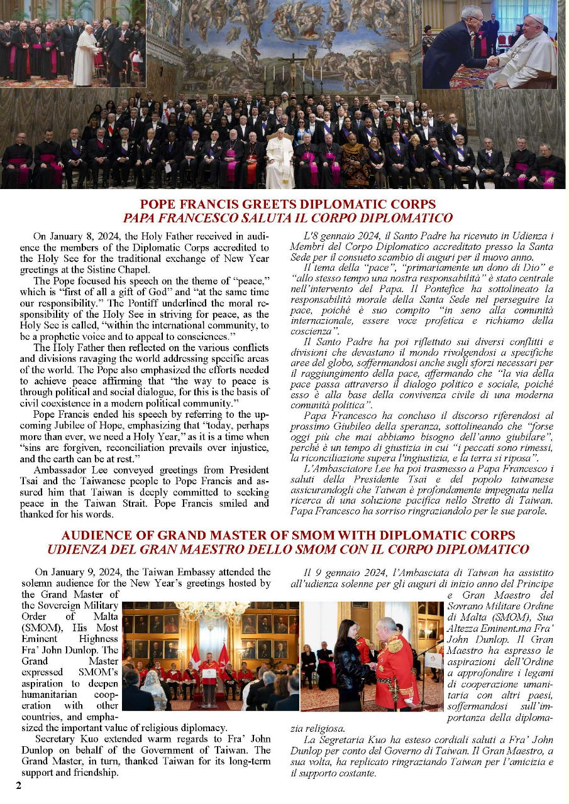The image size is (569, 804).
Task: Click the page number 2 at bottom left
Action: pyautogui.click(x=18, y=785)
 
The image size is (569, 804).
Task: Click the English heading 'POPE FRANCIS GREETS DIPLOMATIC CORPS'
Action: pyautogui.click(x=287, y=205)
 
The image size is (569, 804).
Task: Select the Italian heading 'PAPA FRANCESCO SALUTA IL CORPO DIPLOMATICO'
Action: pyautogui.click(x=287, y=219)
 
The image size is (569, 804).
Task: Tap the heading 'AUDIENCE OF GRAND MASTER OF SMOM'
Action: pyautogui.click(x=288, y=535)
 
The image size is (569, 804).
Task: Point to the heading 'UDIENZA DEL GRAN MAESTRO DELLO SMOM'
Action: pyautogui.click(x=288, y=549)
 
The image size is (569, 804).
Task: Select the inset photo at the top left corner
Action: pyautogui.click(x=73, y=43)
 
